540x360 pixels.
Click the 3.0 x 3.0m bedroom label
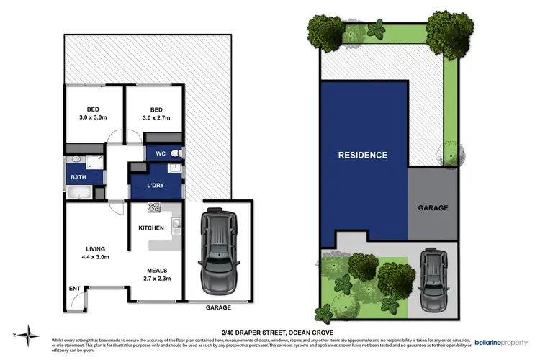[x=93, y=114]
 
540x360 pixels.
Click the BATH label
[x=77, y=176]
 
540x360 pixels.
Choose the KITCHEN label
[x=151, y=228]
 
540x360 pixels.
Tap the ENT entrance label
[x=75, y=289]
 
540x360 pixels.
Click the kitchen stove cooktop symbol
[x=153, y=207]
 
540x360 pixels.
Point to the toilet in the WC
[x=178, y=153]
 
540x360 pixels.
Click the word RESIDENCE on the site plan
[x=364, y=155]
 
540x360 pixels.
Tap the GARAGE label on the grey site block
[x=433, y=207]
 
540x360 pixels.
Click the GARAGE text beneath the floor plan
[x=219, y=307]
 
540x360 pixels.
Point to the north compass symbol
[x=28, y=333]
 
